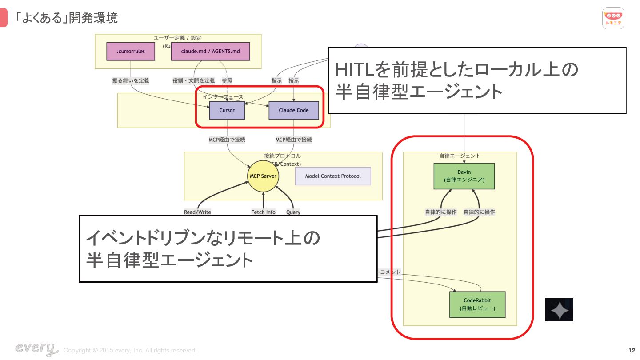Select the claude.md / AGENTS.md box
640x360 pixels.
(211, 52)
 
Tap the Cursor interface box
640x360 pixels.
(227, 110)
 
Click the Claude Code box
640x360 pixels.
(293, 110)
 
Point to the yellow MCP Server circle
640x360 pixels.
(263, 176)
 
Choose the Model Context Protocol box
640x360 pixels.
(333, 176)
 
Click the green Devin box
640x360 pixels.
(464, 176)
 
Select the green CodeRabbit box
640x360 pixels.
(477, 304)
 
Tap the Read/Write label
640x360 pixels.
(197, 212)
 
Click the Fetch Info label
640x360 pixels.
(263, 212)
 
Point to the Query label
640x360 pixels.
(293, 212)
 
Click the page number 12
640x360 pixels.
(632, 350)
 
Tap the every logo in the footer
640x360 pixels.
(36, 349)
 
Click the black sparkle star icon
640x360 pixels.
(559, 310)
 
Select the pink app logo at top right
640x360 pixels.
(613, 18)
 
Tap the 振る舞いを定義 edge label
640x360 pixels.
(131, 80)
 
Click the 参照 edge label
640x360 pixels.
(227, 80)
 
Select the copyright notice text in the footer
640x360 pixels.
(130, 351)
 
